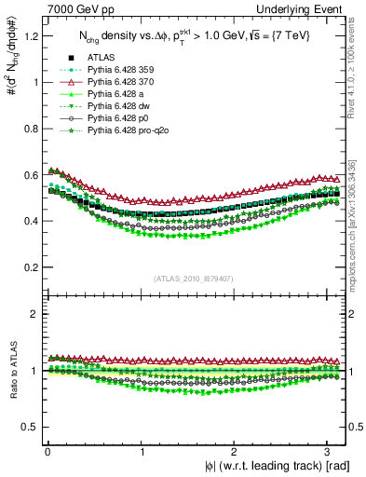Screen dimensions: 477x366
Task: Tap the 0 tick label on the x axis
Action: [x=47, y=452]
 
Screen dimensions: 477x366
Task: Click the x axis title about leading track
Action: [x=277, y=466]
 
